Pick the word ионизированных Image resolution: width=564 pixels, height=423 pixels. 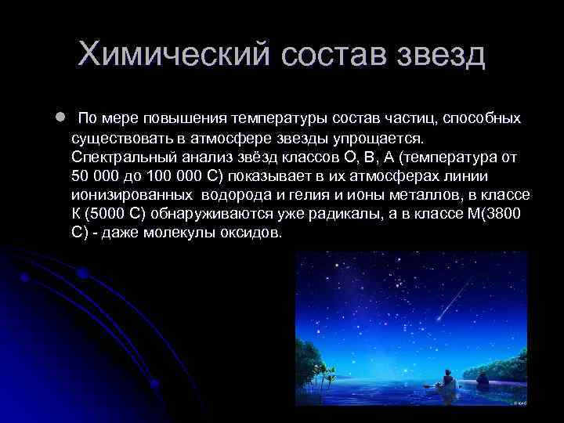(128, 195)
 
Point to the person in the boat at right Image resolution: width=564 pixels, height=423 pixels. (482, 380)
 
